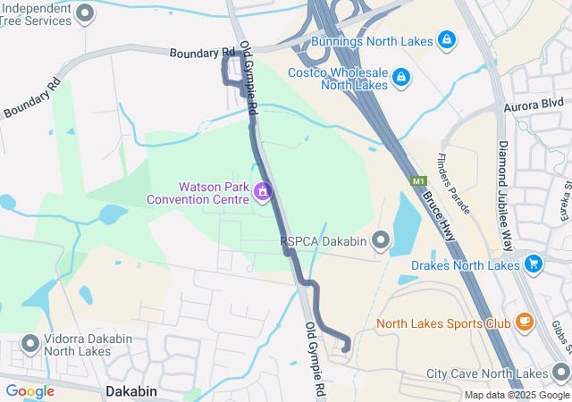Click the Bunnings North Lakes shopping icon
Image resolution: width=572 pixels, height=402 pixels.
[447, 40]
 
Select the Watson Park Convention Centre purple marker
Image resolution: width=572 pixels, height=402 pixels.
[262, 191]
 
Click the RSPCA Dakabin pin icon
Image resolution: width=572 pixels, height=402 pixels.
[382, 240]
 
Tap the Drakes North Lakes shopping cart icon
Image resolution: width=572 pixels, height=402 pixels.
[534, 264]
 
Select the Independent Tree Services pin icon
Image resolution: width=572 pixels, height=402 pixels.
[86, 13]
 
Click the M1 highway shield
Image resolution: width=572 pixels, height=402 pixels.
[418, 181]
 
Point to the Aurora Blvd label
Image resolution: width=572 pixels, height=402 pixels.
[540, 105]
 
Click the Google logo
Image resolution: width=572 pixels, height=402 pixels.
[29, 391]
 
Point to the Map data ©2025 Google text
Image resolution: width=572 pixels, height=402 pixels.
[516, 395]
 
